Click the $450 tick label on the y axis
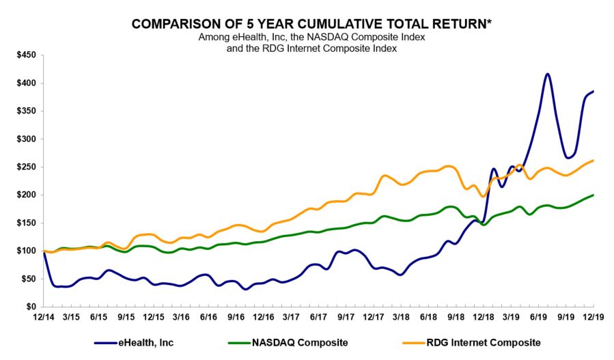(25, 55)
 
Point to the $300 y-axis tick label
(25, 139)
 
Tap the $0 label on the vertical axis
(30, 307)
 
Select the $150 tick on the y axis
(25, 223)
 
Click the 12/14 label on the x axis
(43, 318)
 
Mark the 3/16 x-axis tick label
(181, 318)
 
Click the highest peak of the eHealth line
(547, 74)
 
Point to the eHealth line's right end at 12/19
(593, 91)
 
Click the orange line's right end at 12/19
(593, 161)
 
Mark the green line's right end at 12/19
(593, 195)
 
